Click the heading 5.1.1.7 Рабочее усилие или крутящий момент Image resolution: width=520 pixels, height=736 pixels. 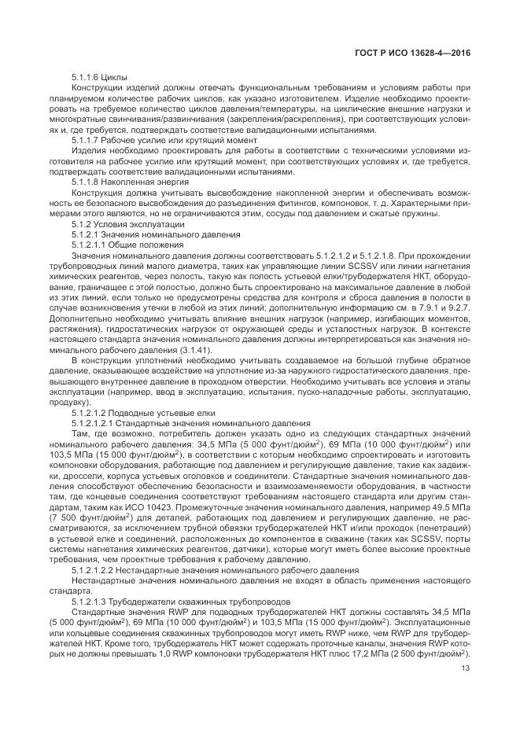(x=145, y=140)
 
